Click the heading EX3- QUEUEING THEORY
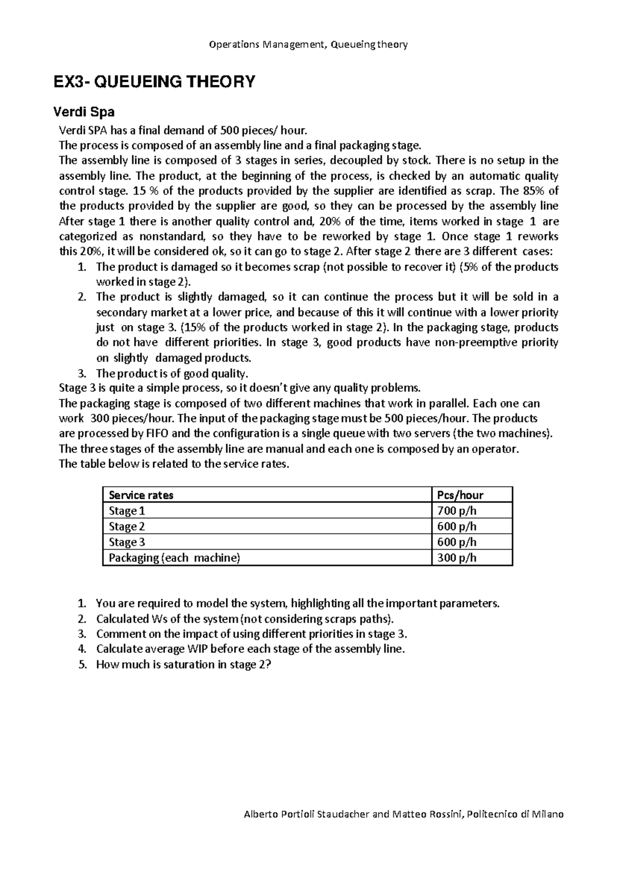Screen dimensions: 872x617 (x=155, y=82)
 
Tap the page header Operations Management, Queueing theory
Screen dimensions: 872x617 (x=308, y=45)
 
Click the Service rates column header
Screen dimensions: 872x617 (x=141, y=495)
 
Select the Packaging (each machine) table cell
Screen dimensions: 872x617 (x=174, y=558)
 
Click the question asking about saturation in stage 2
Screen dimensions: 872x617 (x=183, y=664)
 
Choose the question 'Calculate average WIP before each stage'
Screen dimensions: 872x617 (x=250, y=649)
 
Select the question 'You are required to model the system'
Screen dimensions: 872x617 (x=297, y=603)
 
